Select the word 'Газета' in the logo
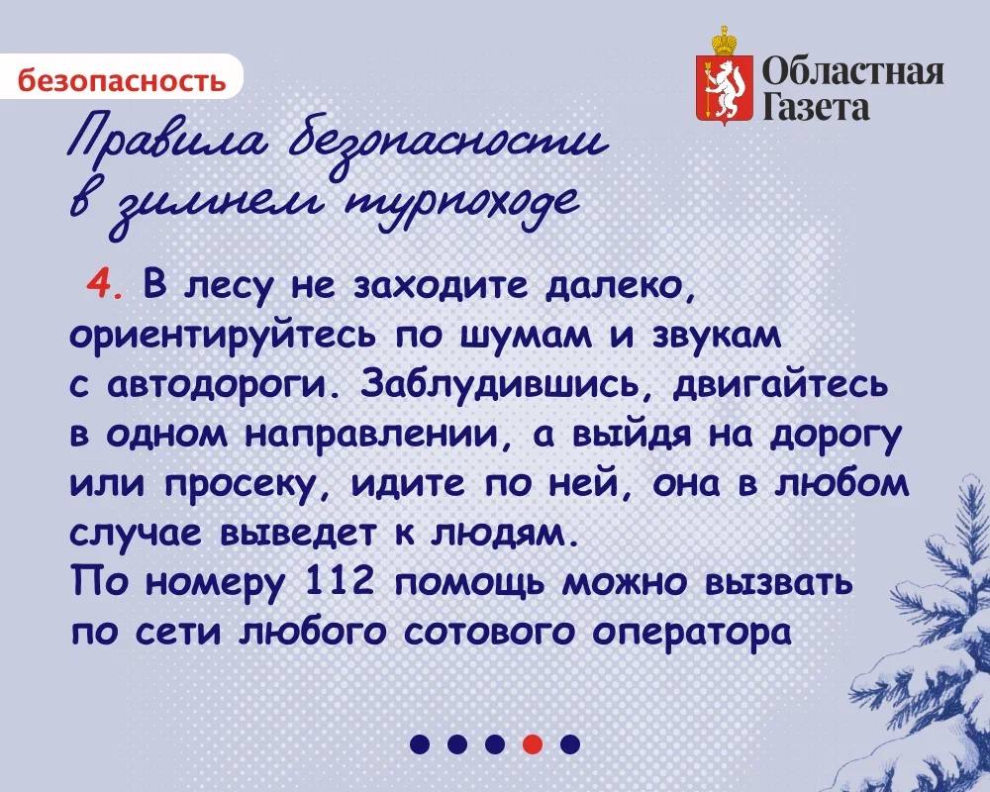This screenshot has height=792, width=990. [x=817, y=106]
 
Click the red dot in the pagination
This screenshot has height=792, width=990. [x=532, y=743]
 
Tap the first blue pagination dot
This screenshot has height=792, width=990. [x=420, y=743]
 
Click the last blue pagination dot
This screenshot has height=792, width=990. [x=569, y=743]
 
